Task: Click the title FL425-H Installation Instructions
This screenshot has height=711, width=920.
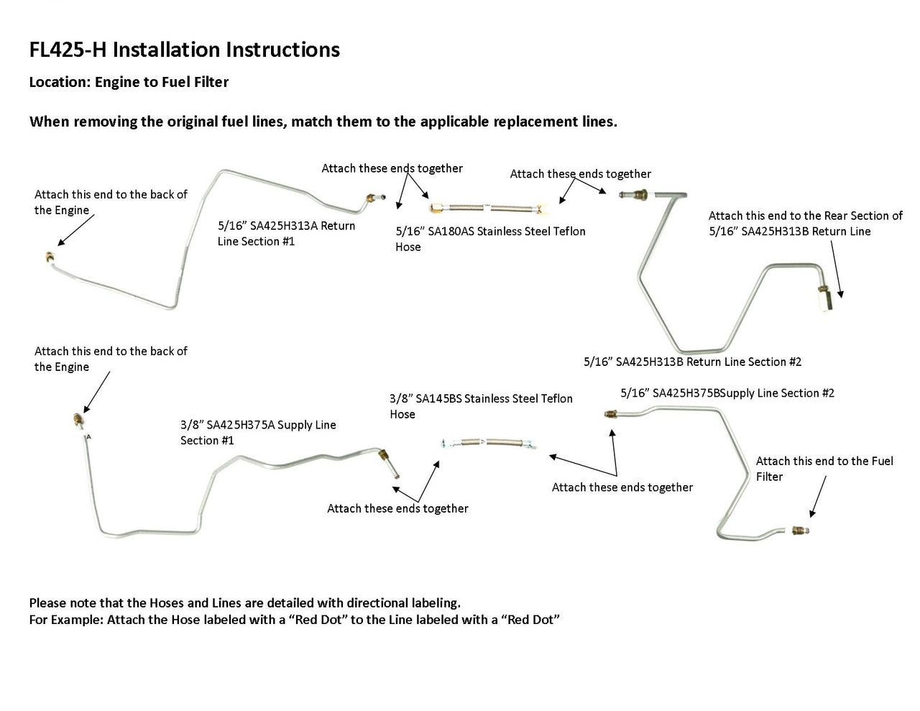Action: point(184,50)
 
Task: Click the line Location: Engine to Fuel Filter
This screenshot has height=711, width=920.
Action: point(129,82)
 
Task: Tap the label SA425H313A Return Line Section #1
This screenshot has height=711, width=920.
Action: point(286,233)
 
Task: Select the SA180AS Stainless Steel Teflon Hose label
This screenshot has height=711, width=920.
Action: point(490,239)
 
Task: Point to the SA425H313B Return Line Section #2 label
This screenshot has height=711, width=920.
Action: point(692,362)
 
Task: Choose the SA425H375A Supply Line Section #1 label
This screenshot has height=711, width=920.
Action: point(258,432)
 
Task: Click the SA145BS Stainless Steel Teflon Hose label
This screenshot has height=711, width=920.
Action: point(481,406)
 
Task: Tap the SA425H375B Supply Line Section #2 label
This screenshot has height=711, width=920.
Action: point(727,393)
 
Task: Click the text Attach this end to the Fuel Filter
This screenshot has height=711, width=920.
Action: point(824,469)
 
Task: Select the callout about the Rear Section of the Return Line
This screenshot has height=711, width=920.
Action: point(805,223)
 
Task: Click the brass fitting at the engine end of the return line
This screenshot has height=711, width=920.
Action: point(48,257)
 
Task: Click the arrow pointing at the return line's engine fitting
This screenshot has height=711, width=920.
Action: point(75,232)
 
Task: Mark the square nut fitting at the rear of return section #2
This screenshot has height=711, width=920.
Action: point(822,295)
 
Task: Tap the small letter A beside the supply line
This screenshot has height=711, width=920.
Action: point(88,436)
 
